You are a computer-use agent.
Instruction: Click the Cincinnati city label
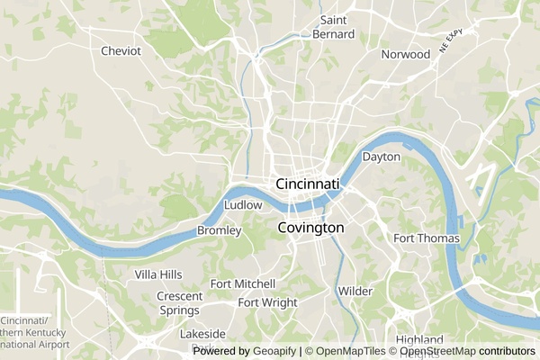(x=308, y=184)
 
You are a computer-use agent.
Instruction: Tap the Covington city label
(x=310, y=228)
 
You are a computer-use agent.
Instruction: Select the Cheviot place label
(x=121, y=51)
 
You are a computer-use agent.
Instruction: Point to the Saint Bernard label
(x=334, y=27)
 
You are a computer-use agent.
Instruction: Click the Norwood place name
(x=405, y=54)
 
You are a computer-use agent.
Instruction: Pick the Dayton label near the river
(x=381, y=157)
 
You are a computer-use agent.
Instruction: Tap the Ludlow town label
(x=243, y=205)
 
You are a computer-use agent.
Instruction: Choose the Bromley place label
(x=220, y=231)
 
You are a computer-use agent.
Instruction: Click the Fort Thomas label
(x=427, y=238)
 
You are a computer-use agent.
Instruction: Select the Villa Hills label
(x=158, y=274)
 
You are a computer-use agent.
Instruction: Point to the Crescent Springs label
(x=178, y=303)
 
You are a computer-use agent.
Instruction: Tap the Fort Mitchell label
(x=237, y=283)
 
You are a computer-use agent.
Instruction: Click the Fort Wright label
(x=267, y=302)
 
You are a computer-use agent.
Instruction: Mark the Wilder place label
(x=355, y=292)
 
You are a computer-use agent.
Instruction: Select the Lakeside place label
(x=202, y=334)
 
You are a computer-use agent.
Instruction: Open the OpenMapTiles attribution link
(x=350, y=352)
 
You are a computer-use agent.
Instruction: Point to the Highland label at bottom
(x=419, y=340)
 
